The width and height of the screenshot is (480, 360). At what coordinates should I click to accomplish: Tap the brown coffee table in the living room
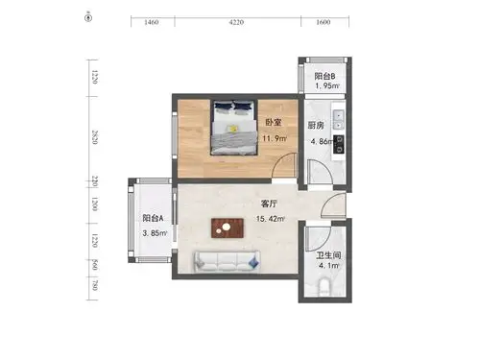pos(227,228)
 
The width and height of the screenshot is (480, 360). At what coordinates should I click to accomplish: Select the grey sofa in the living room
pos(227,259)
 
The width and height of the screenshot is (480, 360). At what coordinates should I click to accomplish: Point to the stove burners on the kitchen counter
pos(338,144)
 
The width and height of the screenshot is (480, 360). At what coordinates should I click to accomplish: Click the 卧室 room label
pos(273,123)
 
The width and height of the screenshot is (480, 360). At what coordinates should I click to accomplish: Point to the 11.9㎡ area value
pos(275,138)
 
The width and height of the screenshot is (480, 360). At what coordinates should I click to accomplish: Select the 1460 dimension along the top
pos(151,20)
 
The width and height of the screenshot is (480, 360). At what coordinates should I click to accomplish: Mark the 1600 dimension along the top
pos(323,20)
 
